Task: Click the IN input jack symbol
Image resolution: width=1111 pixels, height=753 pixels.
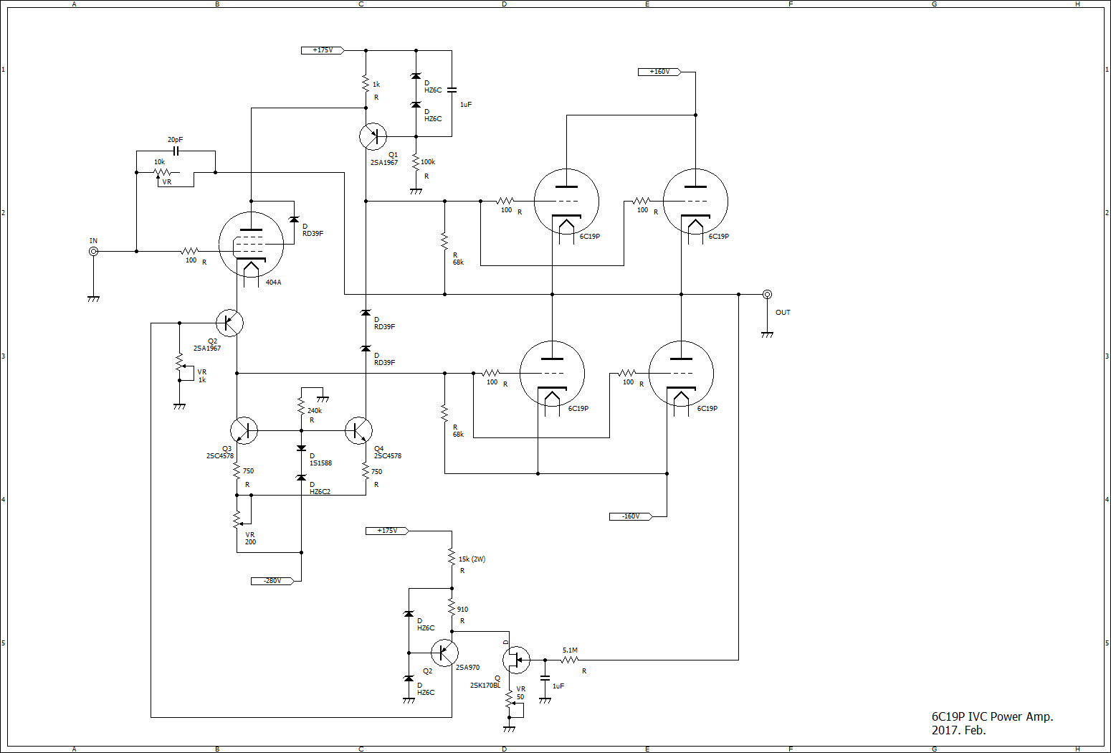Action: pyautogui.click(x=93, y=251)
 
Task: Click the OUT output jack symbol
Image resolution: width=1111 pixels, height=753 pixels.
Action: pyautogui.click(x=767, y=294)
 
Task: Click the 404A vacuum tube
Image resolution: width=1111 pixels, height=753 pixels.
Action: pyautogui.click(x=251, y=244)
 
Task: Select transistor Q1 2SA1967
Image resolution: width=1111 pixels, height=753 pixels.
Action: pyautogui.click(x=373, y=136)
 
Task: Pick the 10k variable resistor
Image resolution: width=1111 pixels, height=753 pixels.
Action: pyautogui.click(x=164, y=173)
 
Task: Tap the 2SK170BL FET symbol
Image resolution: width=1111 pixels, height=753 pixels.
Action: pyautogui.click(x=516, y=660)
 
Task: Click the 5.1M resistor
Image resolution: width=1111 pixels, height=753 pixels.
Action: pyautogui.click(x=570, y=660)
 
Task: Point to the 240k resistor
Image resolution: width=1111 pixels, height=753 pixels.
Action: pyautogui.click(x=301, y=407)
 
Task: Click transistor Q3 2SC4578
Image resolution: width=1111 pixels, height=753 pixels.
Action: pyautogui.click(x=244, y=430)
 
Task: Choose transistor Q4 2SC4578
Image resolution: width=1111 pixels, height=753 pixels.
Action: pyautogui.click(x=358, y=430)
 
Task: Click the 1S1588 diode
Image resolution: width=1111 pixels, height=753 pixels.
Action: pyautogui.click(x=301, y=448)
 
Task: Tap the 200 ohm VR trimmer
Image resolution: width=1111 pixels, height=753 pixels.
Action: pyautogui.click(x=237, y=520)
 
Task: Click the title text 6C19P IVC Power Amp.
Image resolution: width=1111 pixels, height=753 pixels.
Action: pyautogui.click(x=992, y=716)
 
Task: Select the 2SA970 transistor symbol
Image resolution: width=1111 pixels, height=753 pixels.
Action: pyautogui.click(x=444, y=653)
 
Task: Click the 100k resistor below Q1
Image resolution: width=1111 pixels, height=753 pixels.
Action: pyautogui.click(x=416, y=163)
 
